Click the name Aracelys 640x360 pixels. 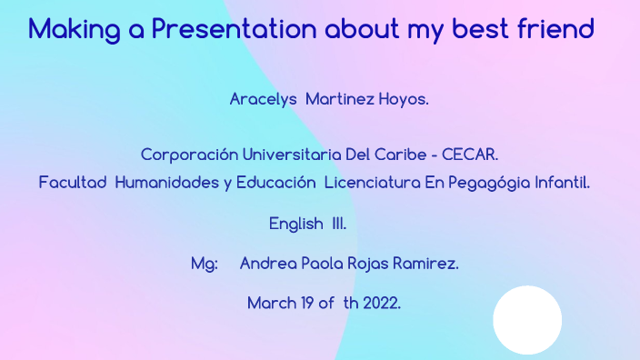(264, 99)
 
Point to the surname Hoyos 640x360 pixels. (403, 99)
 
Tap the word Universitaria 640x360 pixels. (296, 155)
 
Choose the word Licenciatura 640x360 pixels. (372, 183)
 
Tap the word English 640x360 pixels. (296, 224)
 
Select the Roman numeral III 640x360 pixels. (338, 224)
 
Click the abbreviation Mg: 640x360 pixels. (205, 264)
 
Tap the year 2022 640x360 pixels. (381, 304)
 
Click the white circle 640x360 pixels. (527, 320)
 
